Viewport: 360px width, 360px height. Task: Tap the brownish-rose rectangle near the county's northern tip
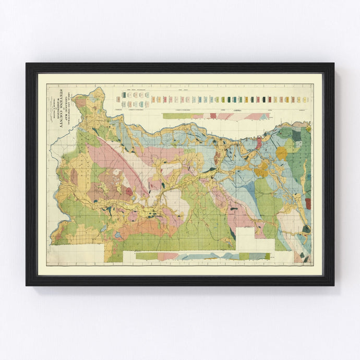pyautogui.click(x=81, y=103)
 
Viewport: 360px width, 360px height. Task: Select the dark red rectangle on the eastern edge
pyautogui.click(x=308, y=203)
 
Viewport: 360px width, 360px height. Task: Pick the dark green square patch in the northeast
pyautogui.click(x=296, y=135)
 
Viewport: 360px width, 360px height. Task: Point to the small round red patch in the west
pyautogui.click(x=129, y=191)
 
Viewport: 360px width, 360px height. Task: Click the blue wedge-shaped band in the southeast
pyautogui.click(x=250, y=193)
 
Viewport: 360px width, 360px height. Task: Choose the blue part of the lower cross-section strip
pyautogui.click(x=209, y=256)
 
